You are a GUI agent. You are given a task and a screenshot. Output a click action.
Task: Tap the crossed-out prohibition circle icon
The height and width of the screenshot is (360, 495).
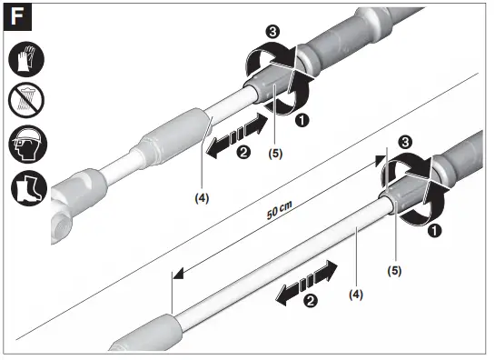coord(26,103)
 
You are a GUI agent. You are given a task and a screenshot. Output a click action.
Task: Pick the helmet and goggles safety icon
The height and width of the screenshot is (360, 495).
coord(26,145)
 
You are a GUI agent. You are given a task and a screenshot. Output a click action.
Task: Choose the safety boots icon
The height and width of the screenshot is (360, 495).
coord(26,188)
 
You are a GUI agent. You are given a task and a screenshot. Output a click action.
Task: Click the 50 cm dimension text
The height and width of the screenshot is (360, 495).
coord(279,210)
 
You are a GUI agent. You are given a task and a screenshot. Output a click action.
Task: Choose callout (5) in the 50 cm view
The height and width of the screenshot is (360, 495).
coord(394,269)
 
